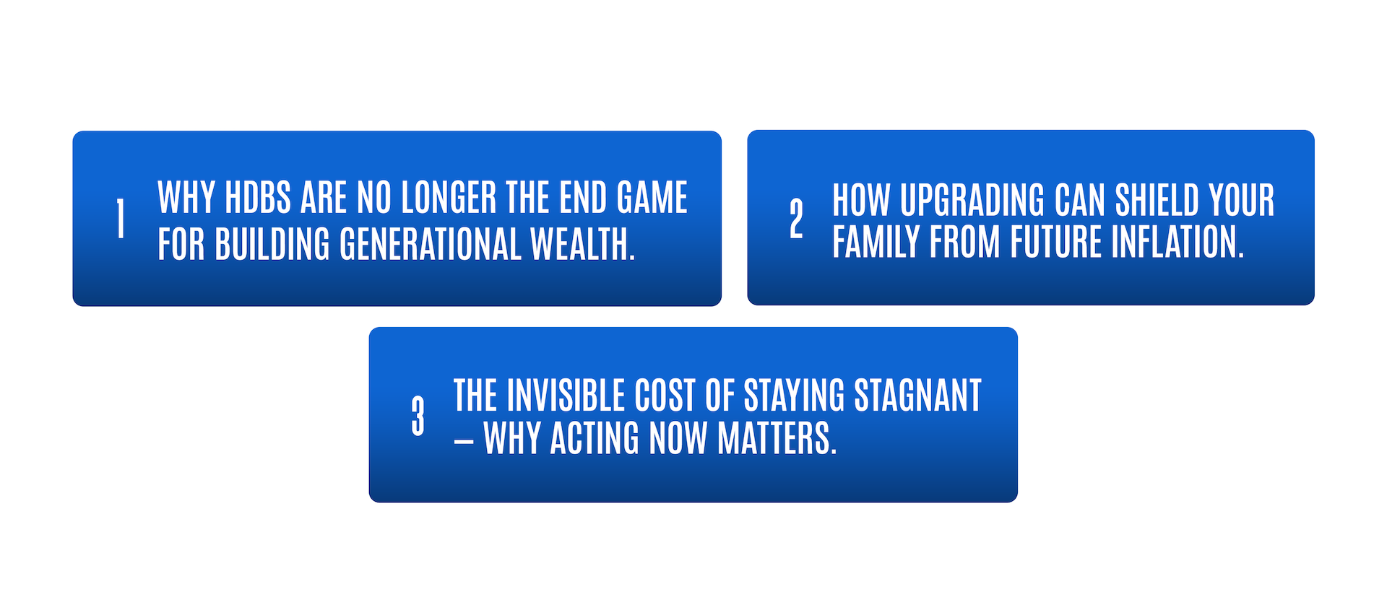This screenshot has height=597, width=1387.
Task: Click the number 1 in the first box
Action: pos(121,219)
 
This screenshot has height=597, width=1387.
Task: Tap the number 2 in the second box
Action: pos(796,219)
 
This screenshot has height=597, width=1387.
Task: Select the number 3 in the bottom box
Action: pos(418,416)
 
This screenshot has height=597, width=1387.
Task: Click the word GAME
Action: pos(652,198)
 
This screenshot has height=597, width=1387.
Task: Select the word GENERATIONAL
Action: pos(431,244)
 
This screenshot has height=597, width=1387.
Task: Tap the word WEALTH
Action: pos(582,244)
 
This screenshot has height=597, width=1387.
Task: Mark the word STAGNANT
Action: pos(917,396)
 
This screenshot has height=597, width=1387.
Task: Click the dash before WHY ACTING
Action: pos(464,440)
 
